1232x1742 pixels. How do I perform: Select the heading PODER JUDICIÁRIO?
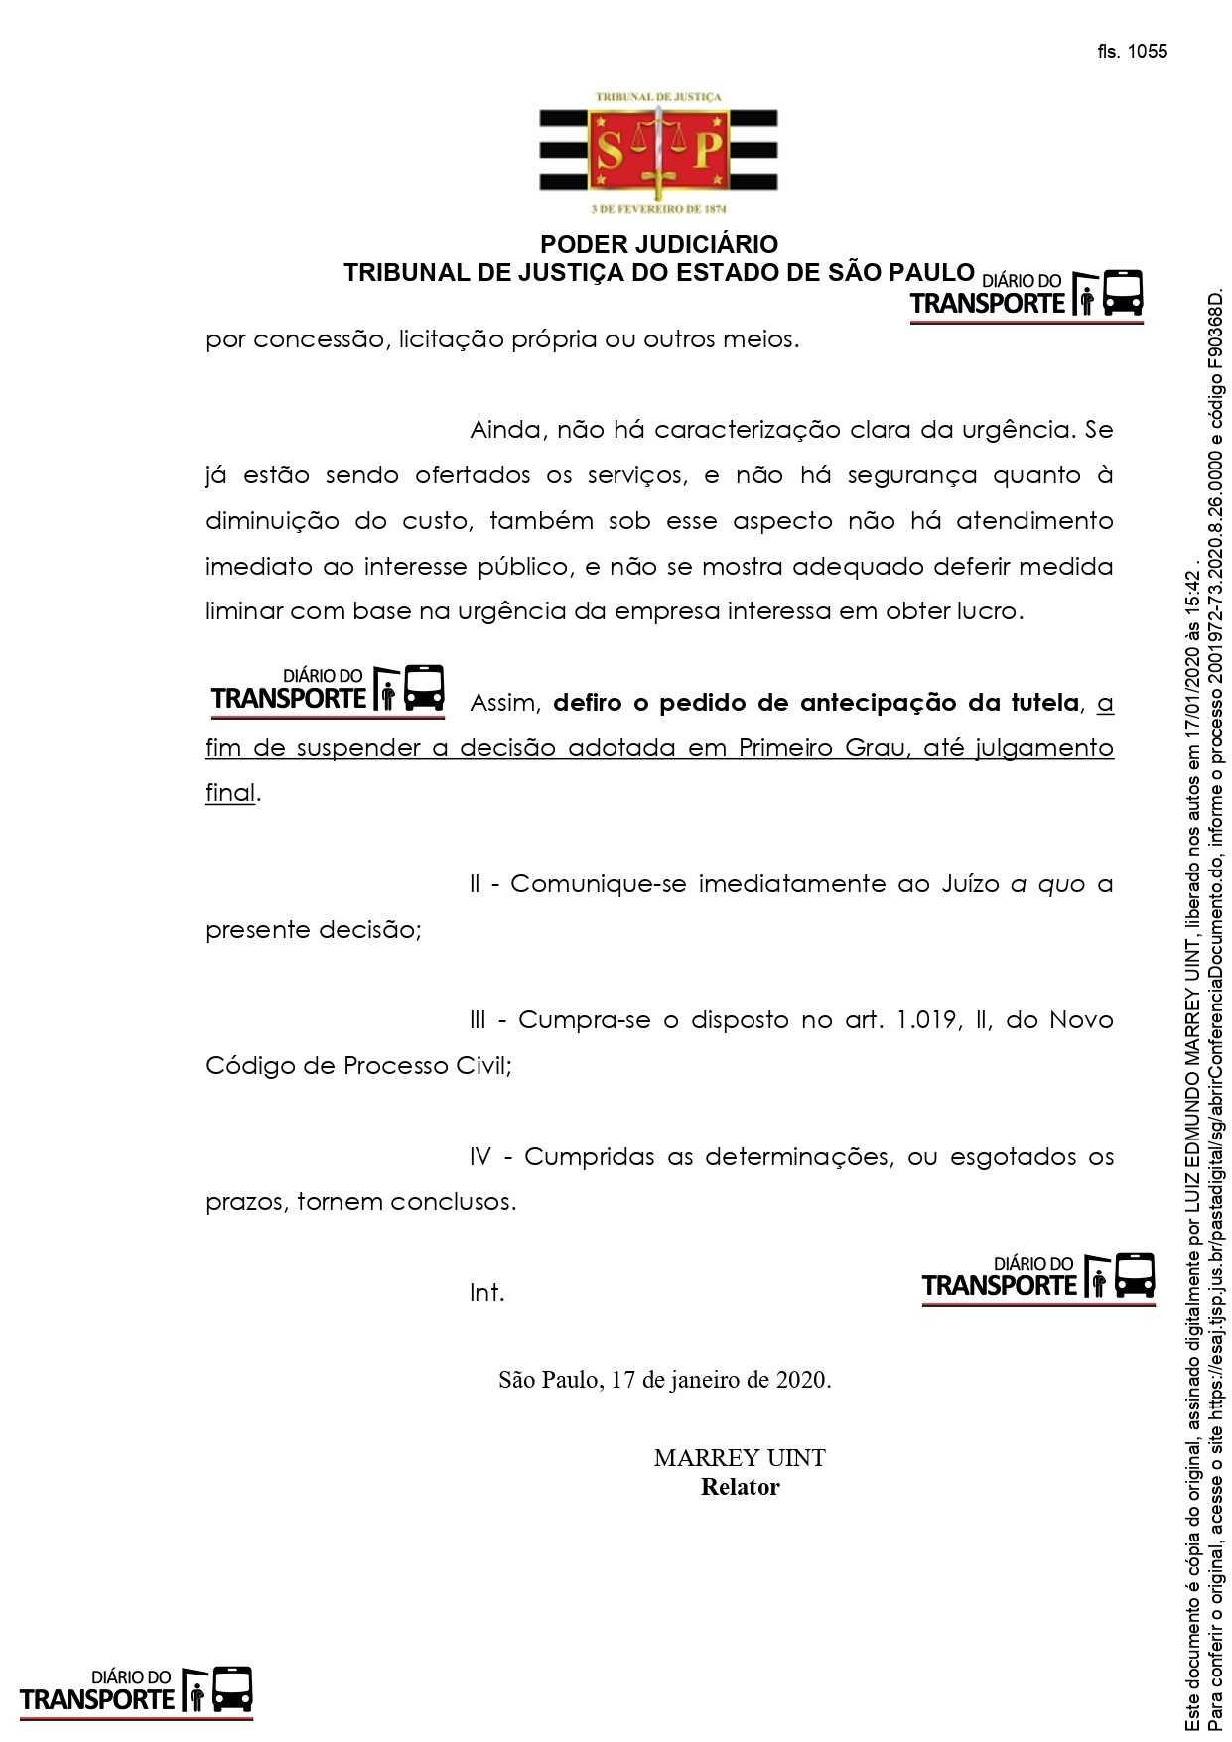pos(658,244)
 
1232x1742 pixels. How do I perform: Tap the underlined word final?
pos(230,794)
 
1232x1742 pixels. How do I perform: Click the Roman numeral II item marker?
pos(475,884)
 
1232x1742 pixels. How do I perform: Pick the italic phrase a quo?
pos(1047,884)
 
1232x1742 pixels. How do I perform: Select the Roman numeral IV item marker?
pos(480,1157)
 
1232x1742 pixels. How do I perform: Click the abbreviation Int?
pos(486,1293)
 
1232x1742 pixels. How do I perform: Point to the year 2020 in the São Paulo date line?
pos(800,1380)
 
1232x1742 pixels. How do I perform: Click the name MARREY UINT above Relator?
pos(740,1458)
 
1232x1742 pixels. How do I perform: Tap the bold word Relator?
pos(740,1487)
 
